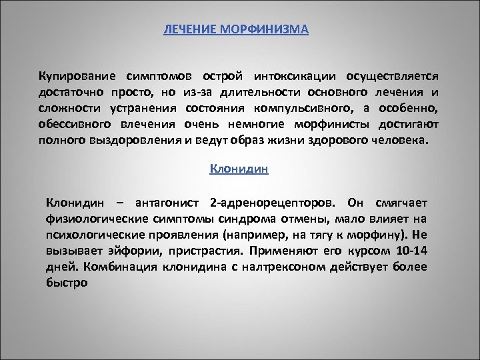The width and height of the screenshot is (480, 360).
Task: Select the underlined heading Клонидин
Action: point(239,169)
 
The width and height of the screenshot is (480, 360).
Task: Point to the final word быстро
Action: point(67,282)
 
